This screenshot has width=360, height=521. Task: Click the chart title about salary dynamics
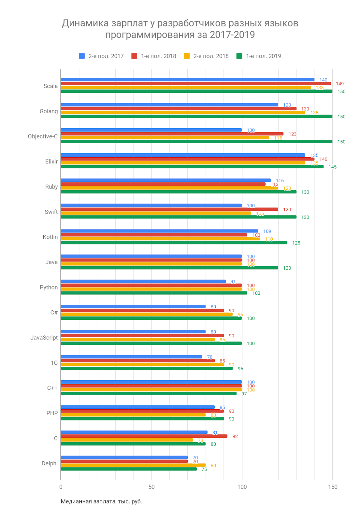point(180,29)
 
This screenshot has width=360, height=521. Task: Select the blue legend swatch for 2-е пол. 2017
point(82,56)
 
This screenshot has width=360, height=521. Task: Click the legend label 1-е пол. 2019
point(263,56)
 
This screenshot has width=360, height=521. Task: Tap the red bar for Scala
point(195,83)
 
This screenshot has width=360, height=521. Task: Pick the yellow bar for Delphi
point(133,465)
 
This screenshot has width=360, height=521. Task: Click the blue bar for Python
point(143,281)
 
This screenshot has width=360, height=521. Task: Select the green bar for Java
point(169,268)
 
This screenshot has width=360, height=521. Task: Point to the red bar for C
point(144,436)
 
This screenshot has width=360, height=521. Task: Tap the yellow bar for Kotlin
point(160,239)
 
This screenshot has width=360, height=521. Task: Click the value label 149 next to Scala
point(339,84)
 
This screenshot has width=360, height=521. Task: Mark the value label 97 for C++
point(244,394)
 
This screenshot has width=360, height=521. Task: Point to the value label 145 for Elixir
point(332,167)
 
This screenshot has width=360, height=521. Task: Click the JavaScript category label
point(44,338)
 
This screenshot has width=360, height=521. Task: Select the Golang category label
point(49,111)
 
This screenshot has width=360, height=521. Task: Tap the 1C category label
point(54,363)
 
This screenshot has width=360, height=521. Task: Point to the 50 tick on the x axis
point(151,487)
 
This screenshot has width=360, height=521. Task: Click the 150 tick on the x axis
point(333,487)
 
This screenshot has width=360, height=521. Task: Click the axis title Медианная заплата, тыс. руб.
point(101,501)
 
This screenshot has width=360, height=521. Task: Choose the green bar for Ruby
point(179,192)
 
